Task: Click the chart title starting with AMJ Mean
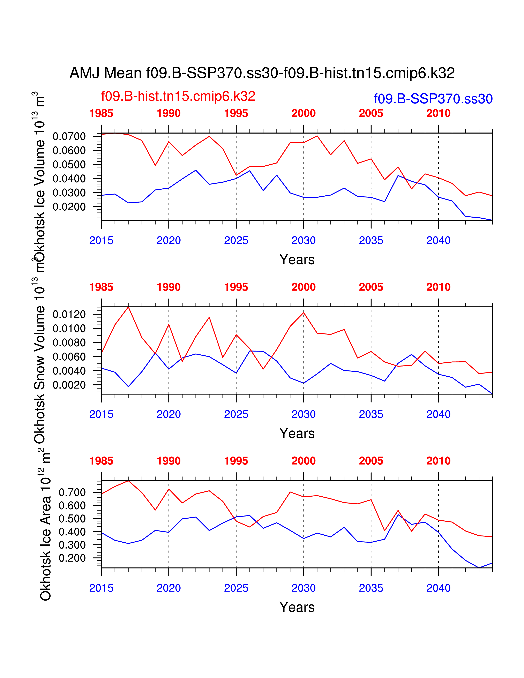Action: pos(262,73)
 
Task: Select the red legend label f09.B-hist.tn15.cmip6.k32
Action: pos(178,96)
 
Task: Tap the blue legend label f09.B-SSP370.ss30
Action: pos(433,99)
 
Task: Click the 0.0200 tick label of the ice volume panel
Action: pos(69,207)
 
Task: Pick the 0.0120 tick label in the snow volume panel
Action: pos(69,315)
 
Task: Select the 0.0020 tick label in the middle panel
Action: pos(69,385)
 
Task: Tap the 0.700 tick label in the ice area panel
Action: pos(72,492)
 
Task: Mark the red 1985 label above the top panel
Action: pos(101,113)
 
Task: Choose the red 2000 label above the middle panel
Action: pos(303,287)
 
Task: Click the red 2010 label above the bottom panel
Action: pos(438,461)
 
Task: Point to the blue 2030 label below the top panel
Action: pos(303,241)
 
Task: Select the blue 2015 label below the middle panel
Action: pos(101,414)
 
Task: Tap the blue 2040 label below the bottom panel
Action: pos(438,588)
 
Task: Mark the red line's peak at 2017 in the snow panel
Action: pos(128,307)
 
